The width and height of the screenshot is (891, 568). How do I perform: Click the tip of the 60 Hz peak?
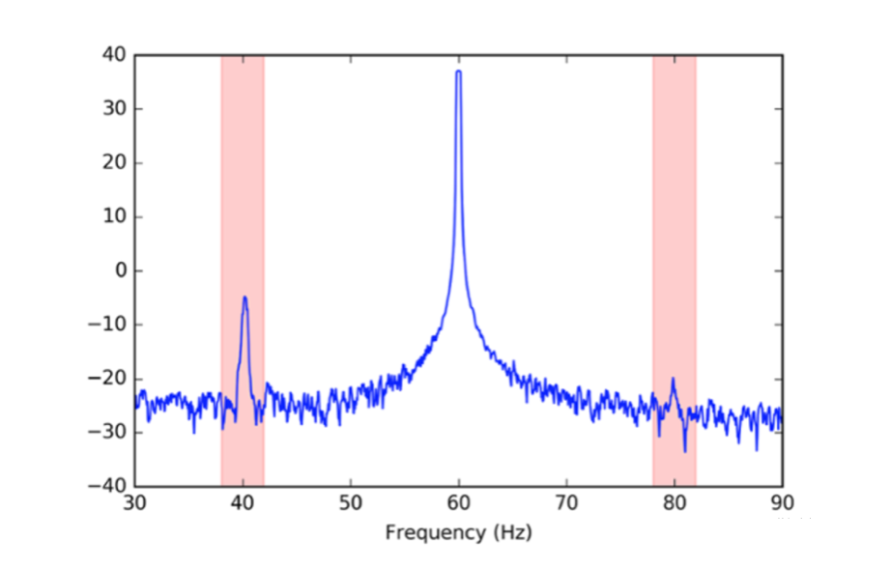tap(459, 71)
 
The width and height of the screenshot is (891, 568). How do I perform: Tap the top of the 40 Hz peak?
tap(245, 298)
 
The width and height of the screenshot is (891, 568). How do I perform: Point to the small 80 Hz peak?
tap(673, 380)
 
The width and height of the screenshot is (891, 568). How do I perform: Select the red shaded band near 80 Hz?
tap(675, 193)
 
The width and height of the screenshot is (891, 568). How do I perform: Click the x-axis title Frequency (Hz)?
tap(458, 532)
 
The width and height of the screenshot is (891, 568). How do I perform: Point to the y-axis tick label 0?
tap(121, 270)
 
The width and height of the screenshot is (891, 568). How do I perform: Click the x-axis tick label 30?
tap(135, 504)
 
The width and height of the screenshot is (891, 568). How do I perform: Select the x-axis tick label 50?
tap(351, 504)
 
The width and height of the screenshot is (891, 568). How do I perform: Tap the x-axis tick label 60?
tap(459, 504)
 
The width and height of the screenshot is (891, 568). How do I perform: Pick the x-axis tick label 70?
tap(566, 504)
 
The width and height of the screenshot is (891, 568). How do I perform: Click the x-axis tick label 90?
tap(782, 504)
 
